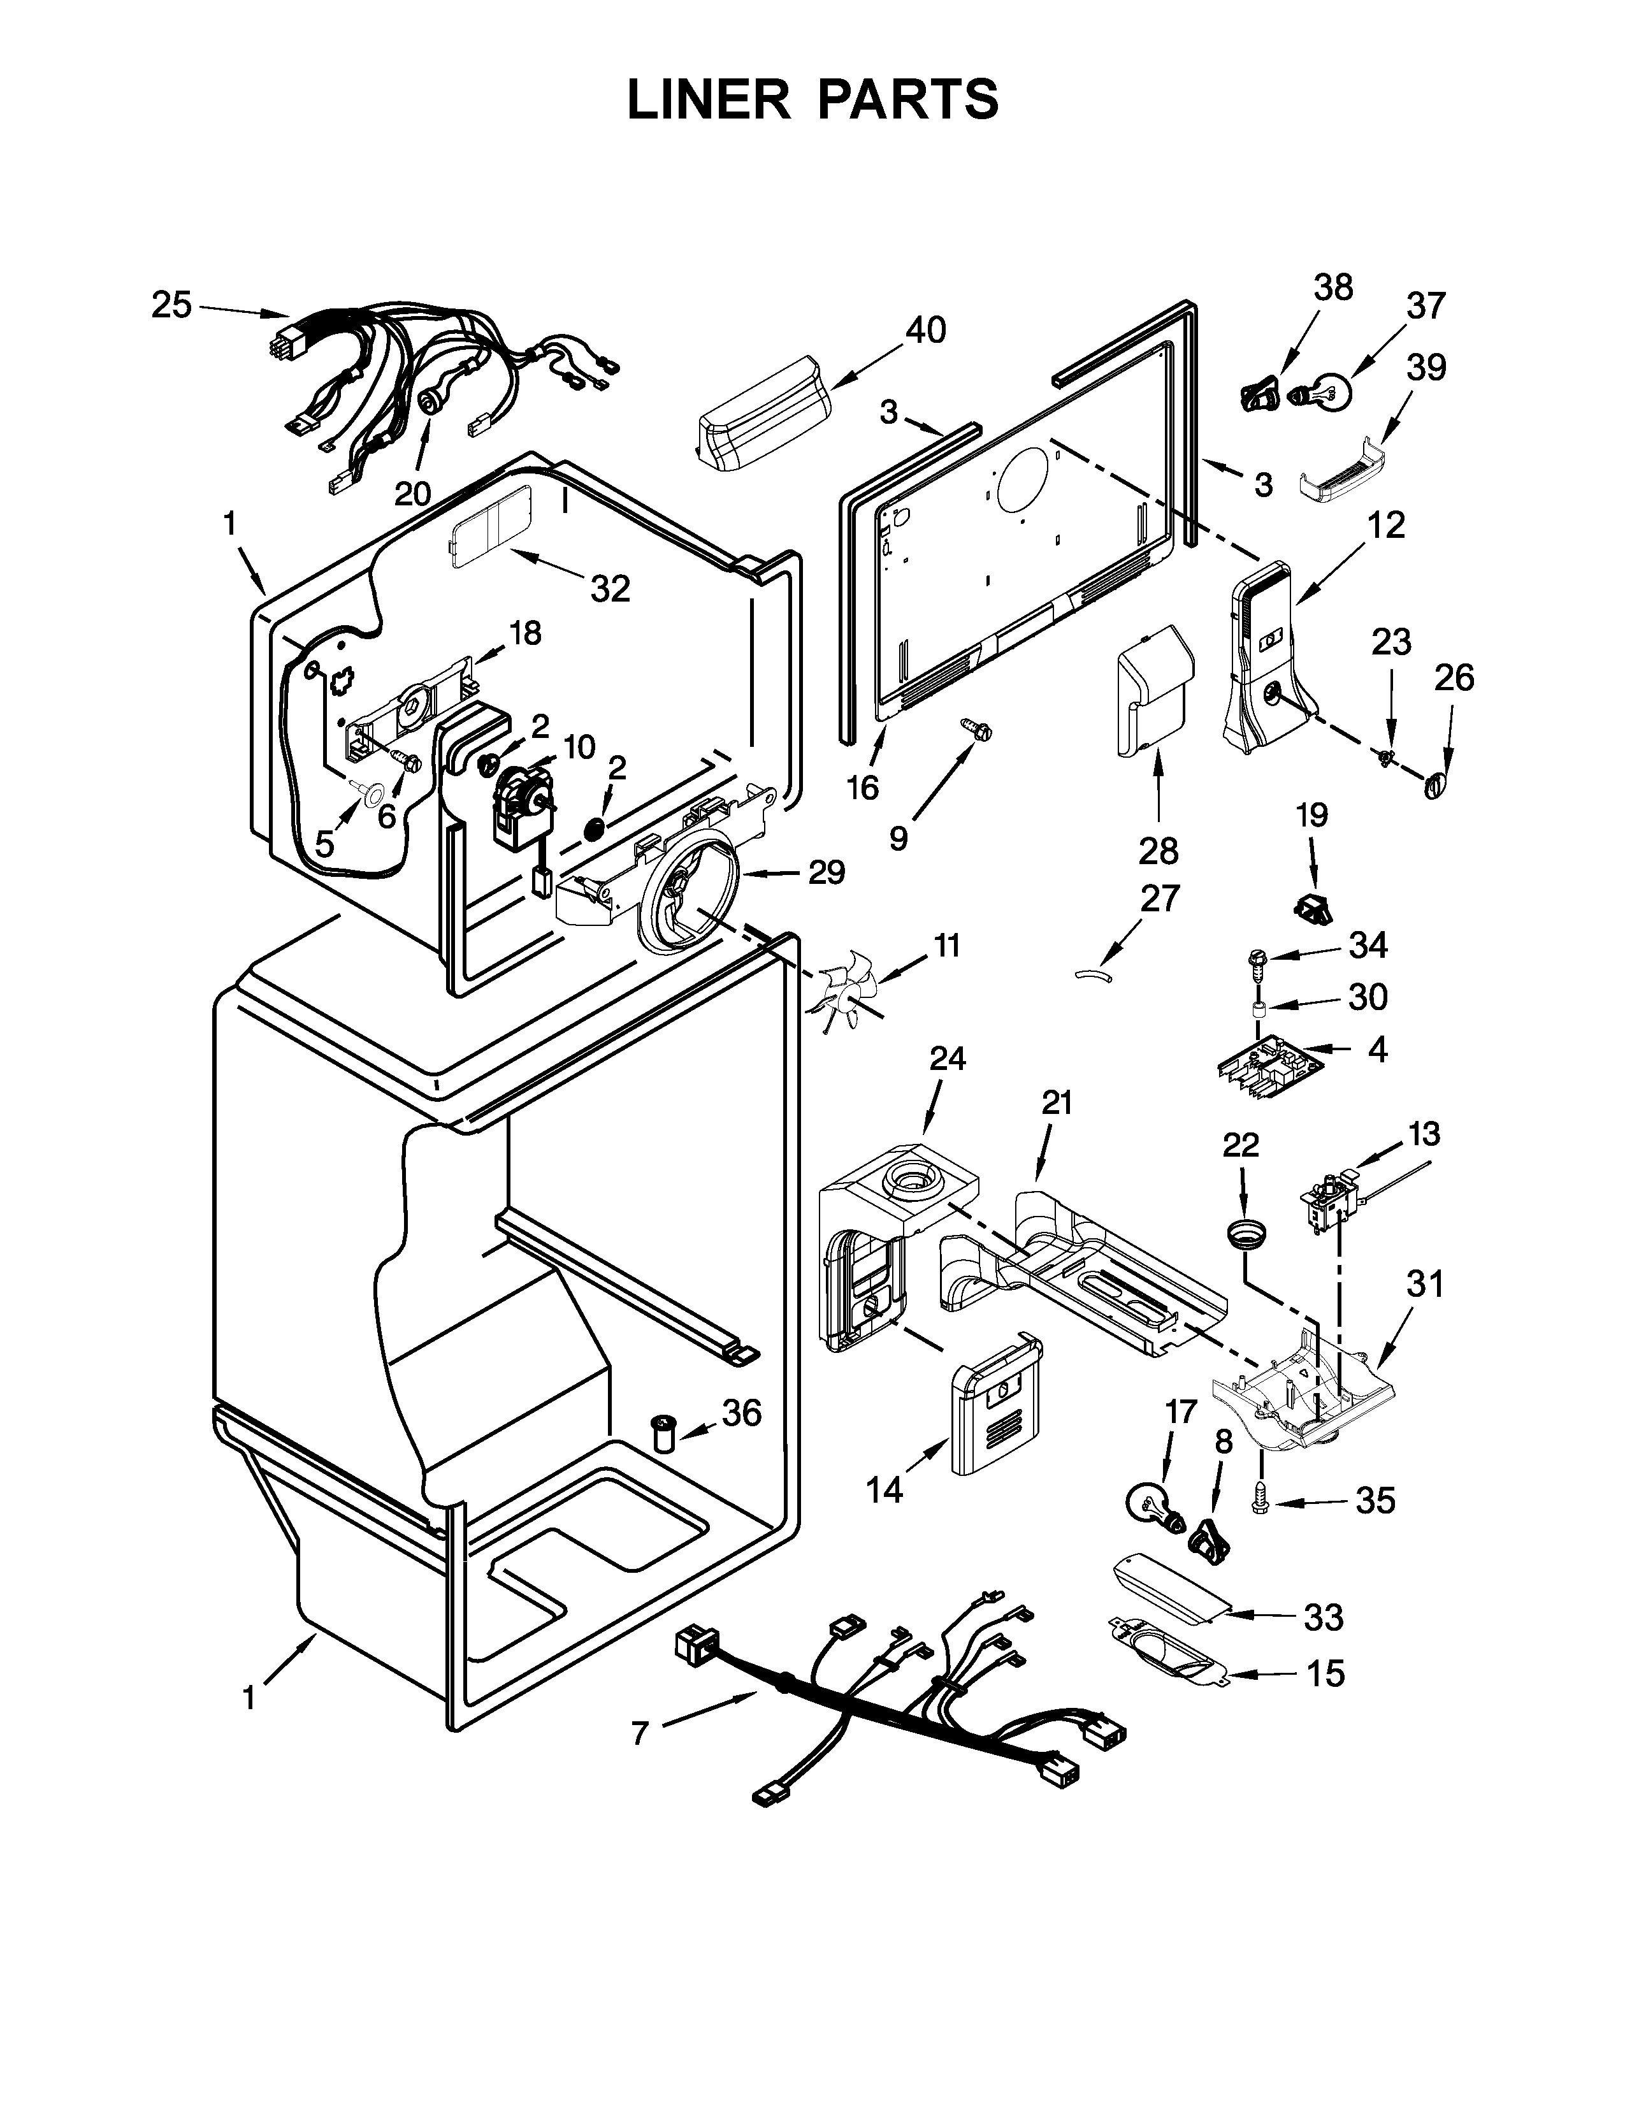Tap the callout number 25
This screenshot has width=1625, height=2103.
pos(171,305)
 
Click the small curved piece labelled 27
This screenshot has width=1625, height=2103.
pos(1093,976)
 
